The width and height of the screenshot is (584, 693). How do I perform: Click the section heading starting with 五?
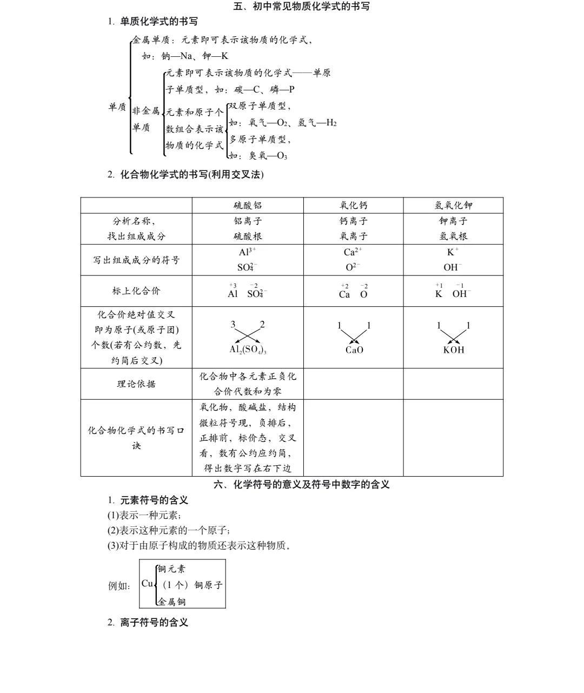[x=302, y=6]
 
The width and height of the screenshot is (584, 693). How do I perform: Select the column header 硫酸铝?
[x=248, y=206]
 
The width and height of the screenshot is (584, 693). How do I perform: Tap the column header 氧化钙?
[x=353, y=206]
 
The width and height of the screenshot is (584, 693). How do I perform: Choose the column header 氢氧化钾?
[x=453, y=206]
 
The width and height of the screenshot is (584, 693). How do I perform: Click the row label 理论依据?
[x=136, y=384]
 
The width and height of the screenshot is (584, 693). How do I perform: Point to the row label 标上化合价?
[x=136, y=291]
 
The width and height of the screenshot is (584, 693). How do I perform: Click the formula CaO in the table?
[x=354, y=350]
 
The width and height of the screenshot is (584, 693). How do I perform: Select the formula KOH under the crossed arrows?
[x=453, y=350]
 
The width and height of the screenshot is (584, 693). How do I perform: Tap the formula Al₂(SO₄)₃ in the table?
[x=248, y=350]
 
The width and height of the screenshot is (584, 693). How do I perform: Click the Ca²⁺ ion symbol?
[x=353, y=252]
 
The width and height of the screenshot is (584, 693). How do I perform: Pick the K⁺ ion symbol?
[x=453, y=252]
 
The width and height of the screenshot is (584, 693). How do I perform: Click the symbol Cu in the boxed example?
[x=147, y=583]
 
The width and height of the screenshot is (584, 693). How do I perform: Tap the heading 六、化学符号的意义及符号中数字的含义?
[x=302, y=485]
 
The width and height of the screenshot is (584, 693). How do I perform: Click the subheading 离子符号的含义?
[x=154, y=623]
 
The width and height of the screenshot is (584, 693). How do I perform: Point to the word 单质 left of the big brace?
[x=117, y=107]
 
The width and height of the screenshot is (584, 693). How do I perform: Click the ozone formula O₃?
[x=282, y=156]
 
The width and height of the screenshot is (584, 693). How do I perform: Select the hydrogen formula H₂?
[x=331, y=123]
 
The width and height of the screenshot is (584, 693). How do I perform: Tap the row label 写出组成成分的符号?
[x=136, y=260]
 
